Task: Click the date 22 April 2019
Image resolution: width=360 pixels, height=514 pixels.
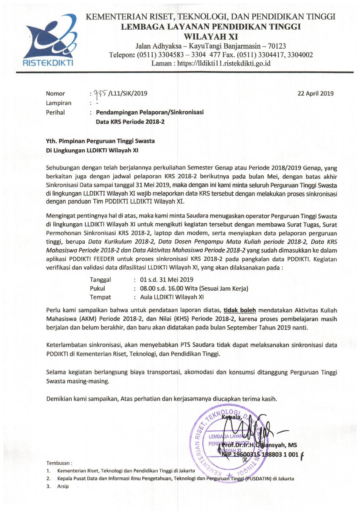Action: [315, 93]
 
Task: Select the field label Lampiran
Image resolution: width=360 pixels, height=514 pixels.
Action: [59, 103]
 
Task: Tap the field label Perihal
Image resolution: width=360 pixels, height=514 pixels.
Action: [55, 112]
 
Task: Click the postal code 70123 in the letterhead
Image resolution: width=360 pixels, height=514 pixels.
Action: [275, 46]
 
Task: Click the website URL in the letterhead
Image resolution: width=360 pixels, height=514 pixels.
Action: [224, 63]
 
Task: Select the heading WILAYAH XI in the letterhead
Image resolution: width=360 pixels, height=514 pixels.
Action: [211, 37]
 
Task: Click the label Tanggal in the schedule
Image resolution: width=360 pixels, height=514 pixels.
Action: [100, 280]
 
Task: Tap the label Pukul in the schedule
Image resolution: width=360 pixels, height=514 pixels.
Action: [97, 288]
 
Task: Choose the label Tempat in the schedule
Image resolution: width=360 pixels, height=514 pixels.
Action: [100, 297]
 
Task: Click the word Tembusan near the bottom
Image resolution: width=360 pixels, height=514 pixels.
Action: [59, 463]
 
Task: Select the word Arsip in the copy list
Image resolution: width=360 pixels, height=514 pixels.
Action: [63, 487]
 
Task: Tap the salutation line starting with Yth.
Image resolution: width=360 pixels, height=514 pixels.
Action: [101, 141]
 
